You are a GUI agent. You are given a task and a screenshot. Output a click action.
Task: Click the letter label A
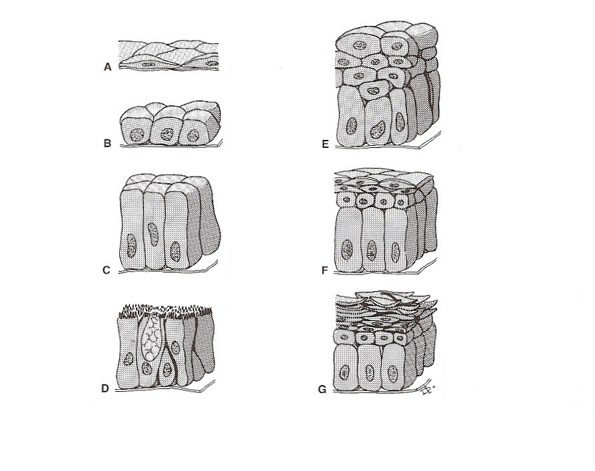pyautogui.click(x=108, y=67)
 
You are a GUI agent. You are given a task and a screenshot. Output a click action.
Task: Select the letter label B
pyautogui.click(x=107, y=143)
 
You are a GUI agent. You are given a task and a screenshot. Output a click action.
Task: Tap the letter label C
pyautogui.click(x=106, y=270)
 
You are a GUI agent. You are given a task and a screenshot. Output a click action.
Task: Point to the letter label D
pyautogui.click(x=105, y=388)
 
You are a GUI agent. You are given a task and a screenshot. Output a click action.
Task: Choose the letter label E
pyautogui.click(x=325, y=144)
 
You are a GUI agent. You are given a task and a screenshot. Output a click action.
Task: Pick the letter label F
pyautogui.click(x=324, y=270)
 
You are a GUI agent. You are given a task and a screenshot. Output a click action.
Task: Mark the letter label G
pyautogui.click(x=322, y=390)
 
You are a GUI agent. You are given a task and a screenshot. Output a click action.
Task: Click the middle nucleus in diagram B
pyautogui.click(x=167, y=134)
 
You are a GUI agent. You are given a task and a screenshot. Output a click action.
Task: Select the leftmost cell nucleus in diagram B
pyautogui.click(x=137, y=135)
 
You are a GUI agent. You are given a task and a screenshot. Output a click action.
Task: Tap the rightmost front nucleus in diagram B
pyautogui.click(x=193, y=135)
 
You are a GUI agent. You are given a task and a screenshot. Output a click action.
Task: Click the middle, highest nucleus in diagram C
pyautogui.click(x=153, y=235)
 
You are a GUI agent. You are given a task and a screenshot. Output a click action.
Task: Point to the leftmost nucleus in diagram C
pyautogui.click(x=131, y=246)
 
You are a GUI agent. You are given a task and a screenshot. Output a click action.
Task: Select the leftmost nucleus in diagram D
pyautogui.click(x=129, y=358)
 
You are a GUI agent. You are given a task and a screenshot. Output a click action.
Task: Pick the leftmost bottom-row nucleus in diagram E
pyautogui.click(x=351, y=126)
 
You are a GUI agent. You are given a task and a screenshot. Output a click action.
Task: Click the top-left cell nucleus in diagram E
pyautogui.click(x=359, y=45)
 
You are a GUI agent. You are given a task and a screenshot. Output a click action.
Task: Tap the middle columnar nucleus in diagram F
pyautogui.click(x=371, y=250)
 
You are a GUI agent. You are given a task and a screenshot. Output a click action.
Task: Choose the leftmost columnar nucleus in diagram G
pyautogui.click(x=344, y=372)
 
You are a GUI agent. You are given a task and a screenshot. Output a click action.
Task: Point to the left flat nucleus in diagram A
pyautogui.click(x=149, y=64)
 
